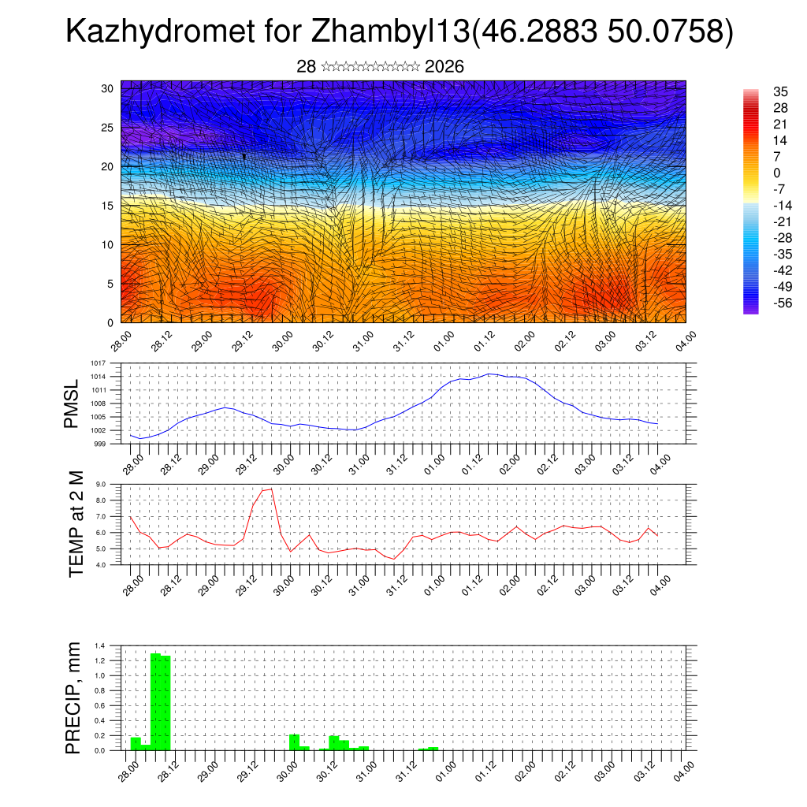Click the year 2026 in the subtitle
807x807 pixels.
444,67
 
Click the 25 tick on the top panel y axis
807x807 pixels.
108,127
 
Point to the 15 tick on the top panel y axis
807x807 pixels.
108,206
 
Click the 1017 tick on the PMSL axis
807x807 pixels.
97,363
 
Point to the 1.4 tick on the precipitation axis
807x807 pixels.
100,645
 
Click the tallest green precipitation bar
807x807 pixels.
155,701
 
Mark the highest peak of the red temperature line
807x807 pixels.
272,489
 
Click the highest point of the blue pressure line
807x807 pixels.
489,374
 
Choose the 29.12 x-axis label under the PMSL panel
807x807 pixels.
247,461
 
